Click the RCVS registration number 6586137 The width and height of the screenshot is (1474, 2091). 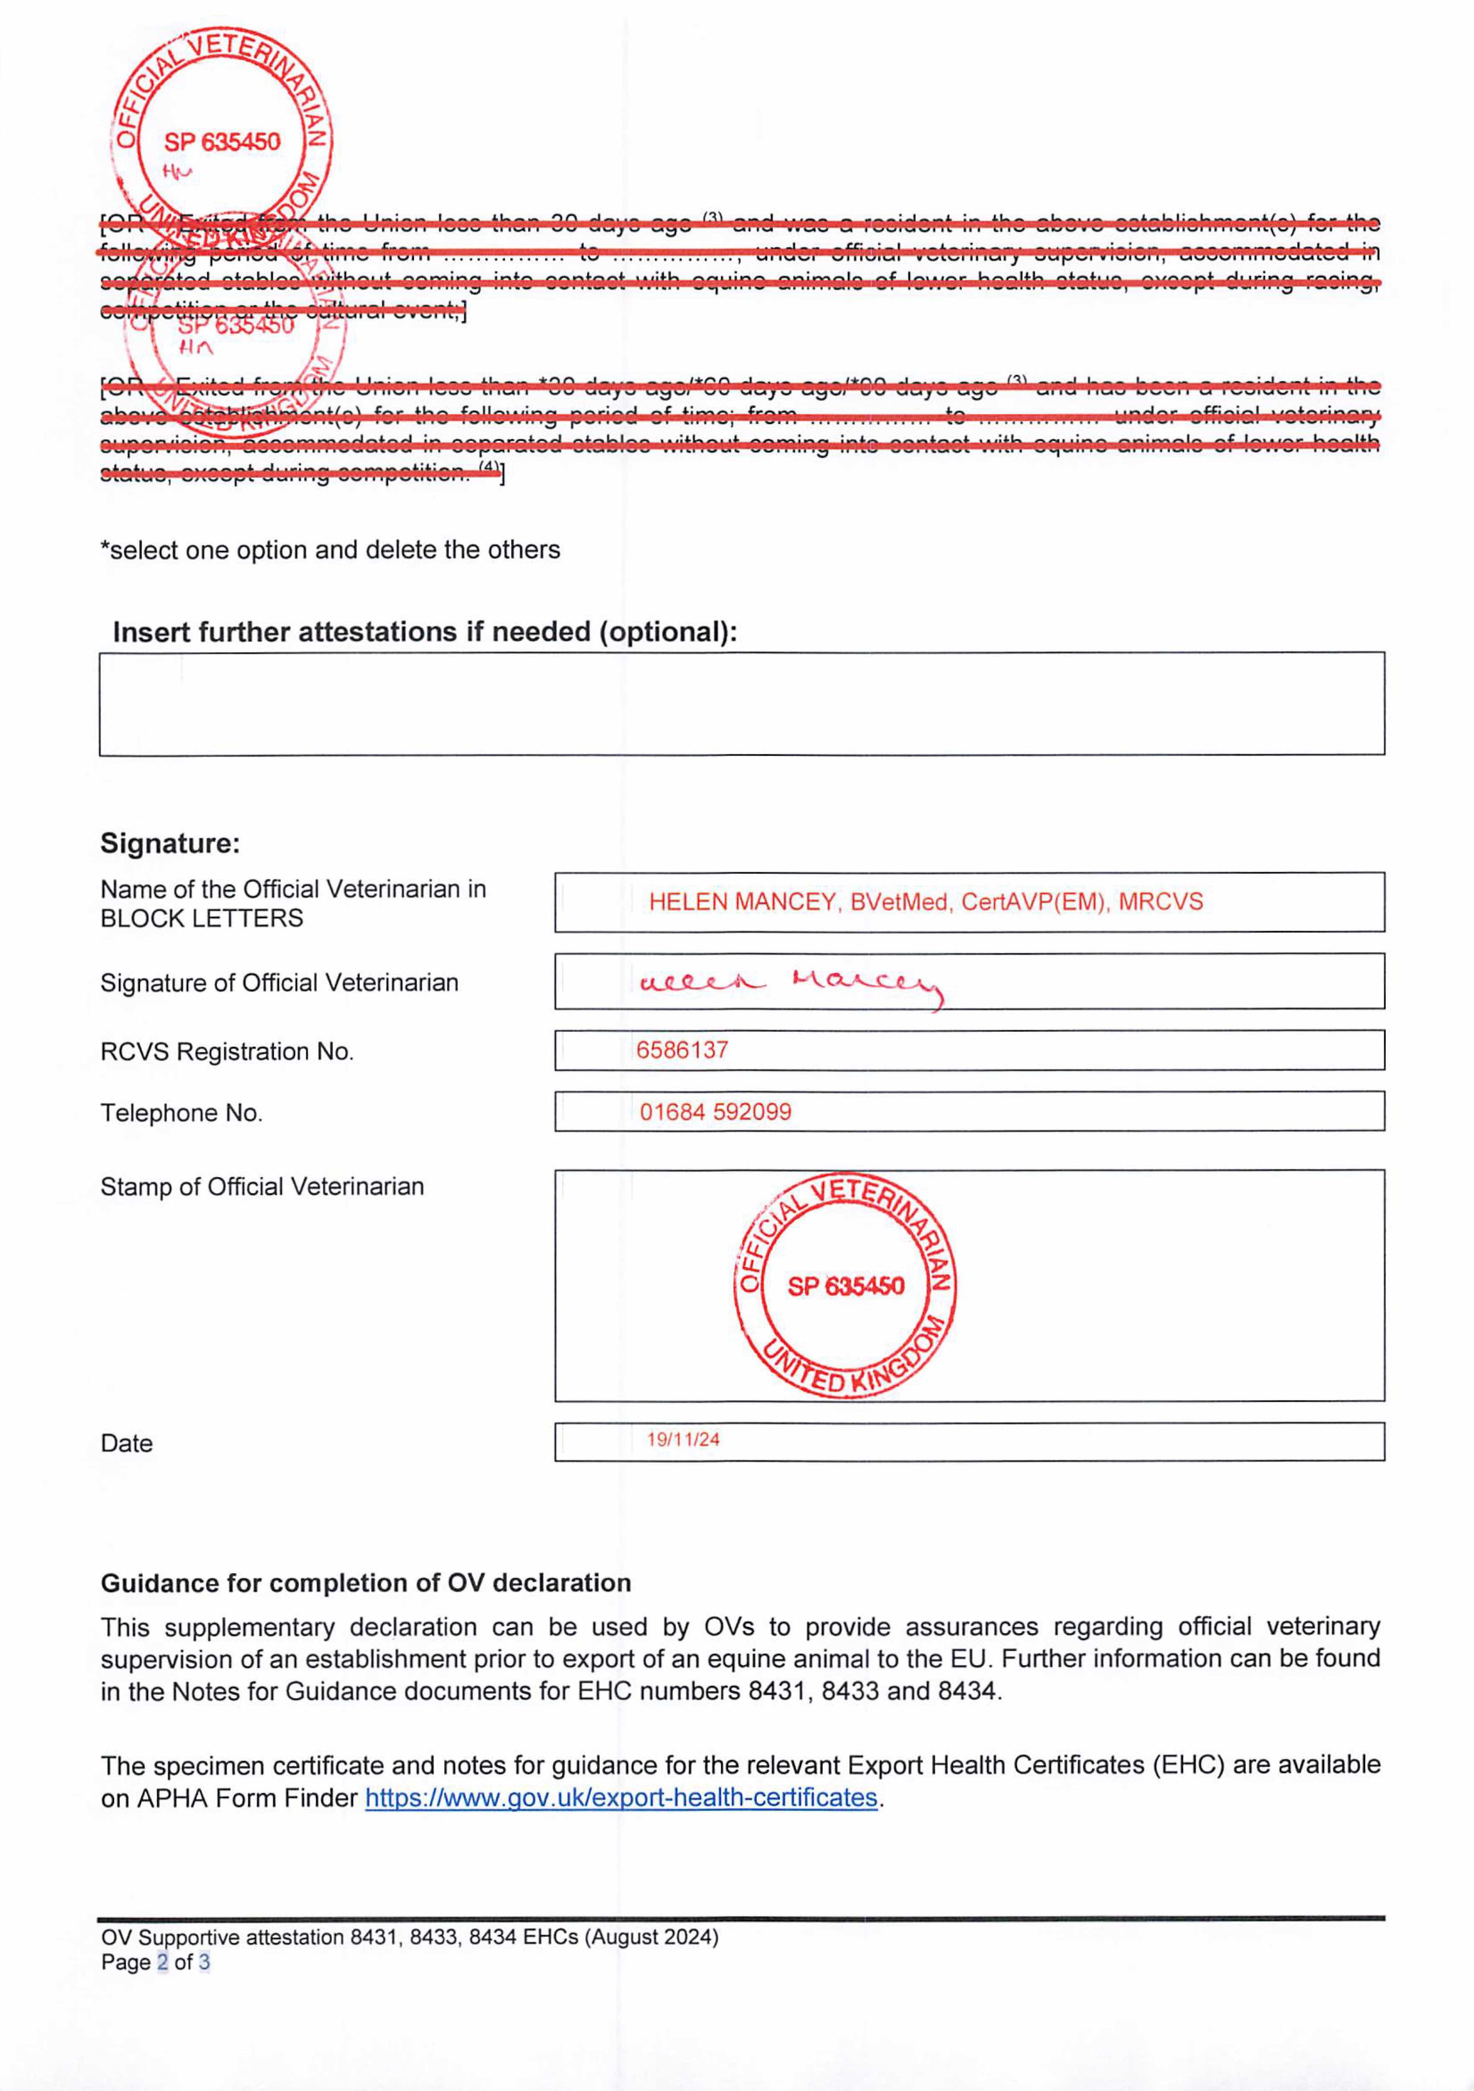[682, 1050]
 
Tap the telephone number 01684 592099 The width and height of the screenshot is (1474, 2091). [715, 1112]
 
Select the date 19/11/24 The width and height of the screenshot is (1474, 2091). [683, 1440]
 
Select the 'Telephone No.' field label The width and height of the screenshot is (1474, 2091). [181, 1113]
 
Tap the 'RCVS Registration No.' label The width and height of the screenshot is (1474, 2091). [227, 1052]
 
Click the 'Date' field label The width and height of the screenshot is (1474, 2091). [127, 1444]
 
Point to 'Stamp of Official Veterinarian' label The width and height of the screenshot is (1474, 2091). [262, 1187]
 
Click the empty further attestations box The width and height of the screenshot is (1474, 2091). [741, 704]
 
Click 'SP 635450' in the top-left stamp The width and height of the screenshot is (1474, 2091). [222, 142]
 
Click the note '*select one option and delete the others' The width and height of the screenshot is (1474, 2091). [330, 550]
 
